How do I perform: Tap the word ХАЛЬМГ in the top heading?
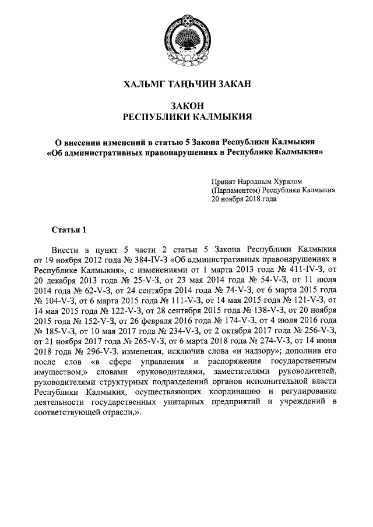(143, 84)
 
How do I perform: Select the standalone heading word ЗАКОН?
(186, 105)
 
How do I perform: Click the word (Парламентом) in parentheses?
(235, 190)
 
